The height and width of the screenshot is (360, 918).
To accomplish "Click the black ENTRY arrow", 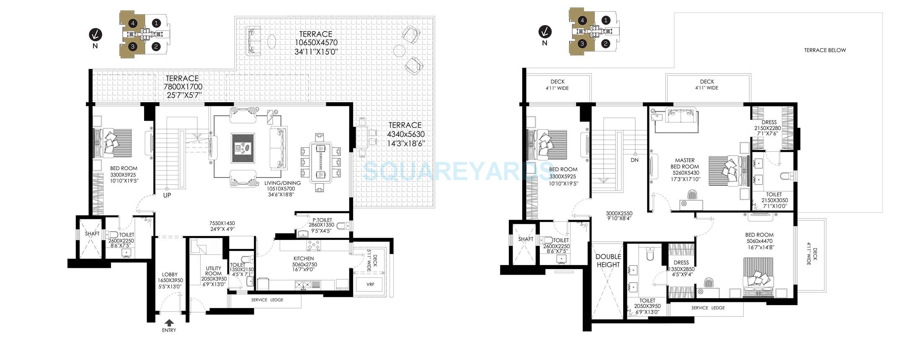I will [169, 322].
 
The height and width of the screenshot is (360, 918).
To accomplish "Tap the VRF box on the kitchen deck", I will [370, 285].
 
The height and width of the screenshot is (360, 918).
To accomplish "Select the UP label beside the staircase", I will [167, 195].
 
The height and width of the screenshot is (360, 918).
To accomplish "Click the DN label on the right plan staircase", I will [634, 160].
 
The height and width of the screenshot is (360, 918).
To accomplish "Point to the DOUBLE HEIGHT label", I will [608, 261].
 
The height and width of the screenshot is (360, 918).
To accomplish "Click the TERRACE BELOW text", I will [825, 50].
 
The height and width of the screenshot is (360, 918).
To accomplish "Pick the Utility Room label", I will [214, 271].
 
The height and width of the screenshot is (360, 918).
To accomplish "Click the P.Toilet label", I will [322, 220].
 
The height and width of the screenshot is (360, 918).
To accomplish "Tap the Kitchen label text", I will [304, 259].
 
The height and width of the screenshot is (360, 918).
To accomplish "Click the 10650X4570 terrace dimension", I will [316, 43].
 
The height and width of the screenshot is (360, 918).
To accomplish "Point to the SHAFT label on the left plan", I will [92, 234].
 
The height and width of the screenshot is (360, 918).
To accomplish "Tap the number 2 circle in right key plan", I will [606, 43].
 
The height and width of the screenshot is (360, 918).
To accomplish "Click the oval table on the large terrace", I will [272, 41].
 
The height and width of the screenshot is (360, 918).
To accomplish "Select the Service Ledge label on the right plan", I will [708, 308].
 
